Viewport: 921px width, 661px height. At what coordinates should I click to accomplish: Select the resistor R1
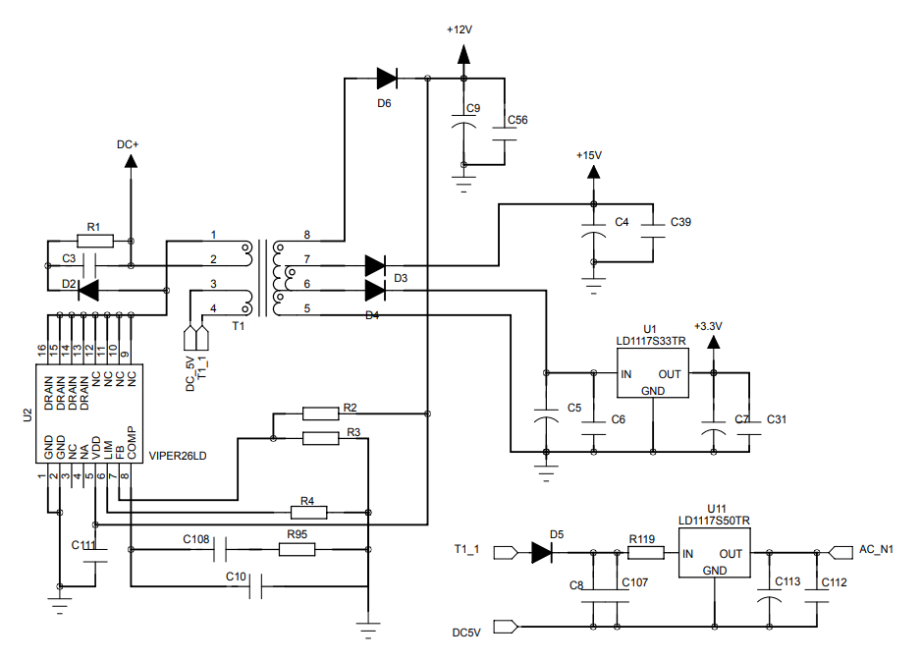(x=94, y=241)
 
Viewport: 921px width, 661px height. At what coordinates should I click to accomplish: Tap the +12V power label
(x=460, y=29)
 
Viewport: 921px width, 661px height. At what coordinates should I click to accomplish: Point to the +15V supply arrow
(x=592, y=173)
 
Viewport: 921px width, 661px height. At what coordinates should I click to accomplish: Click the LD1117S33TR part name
(x=651, y=341)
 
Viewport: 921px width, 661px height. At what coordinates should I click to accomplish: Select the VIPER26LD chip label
(x=178, y=456)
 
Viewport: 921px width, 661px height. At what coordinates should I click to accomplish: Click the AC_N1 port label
(x=876, y=549)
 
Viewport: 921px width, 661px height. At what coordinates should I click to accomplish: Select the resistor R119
(x=644, y=553)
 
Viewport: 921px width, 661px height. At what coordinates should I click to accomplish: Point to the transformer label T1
(x=238, y=325)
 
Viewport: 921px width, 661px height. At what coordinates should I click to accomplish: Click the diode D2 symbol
(x=88, y=290)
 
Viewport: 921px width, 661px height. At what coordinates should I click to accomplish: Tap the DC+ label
(x=128, y=144)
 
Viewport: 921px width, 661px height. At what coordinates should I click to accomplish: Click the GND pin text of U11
(x=714, y=571)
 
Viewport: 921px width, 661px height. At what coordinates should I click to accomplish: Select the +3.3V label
(x=707, y=326)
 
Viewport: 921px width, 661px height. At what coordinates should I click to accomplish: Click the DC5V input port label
(x=466, y=633)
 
